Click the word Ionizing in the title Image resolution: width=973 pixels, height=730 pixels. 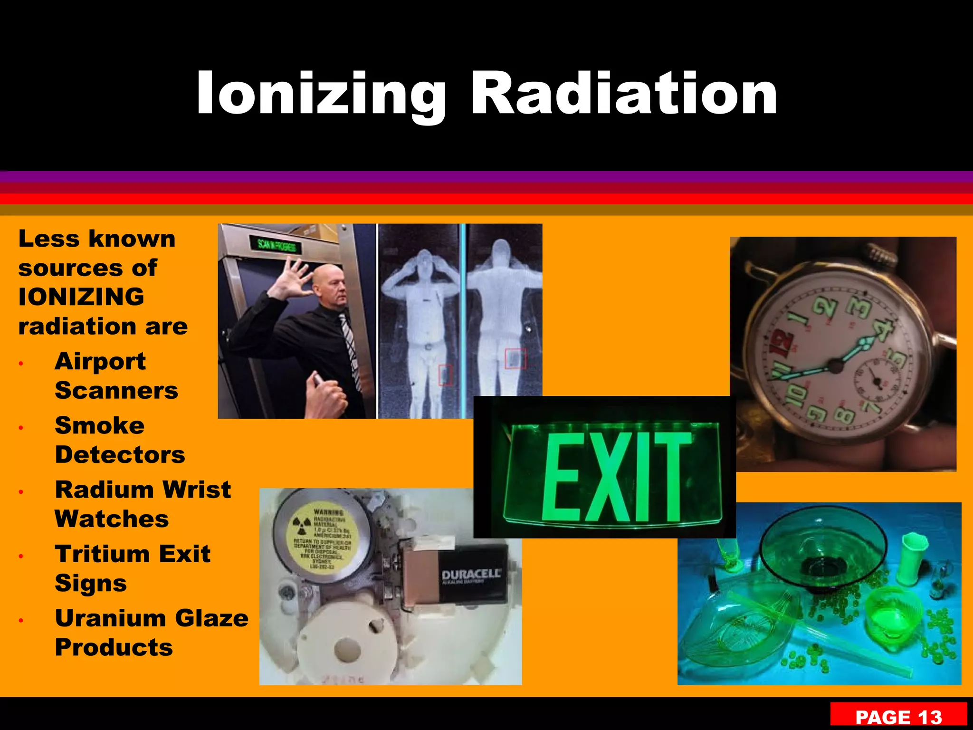pos(321,94)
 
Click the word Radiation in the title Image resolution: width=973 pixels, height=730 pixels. pos(623,93)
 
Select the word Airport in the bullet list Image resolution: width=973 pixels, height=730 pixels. pos(100,361)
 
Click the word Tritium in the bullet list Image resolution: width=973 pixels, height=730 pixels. pos(102,554)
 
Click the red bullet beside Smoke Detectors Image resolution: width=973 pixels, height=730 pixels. pos(21,428)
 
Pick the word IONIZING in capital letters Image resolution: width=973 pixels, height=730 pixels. pos(81,297)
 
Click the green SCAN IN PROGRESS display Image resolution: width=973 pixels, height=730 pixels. pos(277,246)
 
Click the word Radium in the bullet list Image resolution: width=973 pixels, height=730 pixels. pos(103,490)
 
